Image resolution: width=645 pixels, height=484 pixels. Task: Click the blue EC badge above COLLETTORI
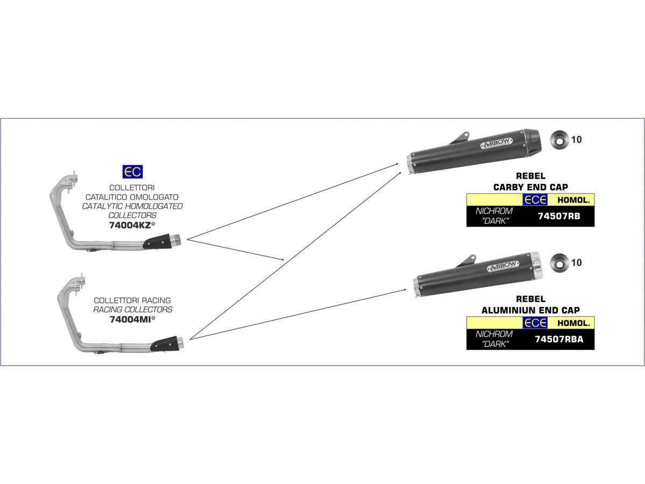click(x=133, y=172)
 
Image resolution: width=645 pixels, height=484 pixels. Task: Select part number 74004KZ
click(x=130, y=225)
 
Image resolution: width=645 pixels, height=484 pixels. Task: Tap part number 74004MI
click(x=130, y=319)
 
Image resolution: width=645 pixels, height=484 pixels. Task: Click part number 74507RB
click(x=559, y=216)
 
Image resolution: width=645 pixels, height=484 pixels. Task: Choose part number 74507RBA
click(x=559, y=339)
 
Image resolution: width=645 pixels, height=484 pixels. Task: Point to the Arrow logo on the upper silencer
click(x=496, y=143)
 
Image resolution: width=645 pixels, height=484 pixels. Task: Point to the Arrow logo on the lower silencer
click(x=503, y=266)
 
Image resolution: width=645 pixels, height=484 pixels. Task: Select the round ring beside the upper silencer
click(x=560, y=140)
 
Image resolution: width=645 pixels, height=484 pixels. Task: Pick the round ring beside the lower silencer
click(x=560, y=263)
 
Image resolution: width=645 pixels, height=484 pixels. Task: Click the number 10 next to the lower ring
click(x=577, y=263)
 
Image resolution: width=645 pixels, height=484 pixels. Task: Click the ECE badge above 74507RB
click(x=535, y=200)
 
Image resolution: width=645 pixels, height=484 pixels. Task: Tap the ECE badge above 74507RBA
click(x=535, y=323)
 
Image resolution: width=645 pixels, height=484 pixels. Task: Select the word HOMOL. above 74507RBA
click(x=574, y=323)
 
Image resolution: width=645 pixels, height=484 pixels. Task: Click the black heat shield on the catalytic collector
click(x=157, y=242)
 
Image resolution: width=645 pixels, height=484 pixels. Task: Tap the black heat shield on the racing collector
click(x=164, y=344)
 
